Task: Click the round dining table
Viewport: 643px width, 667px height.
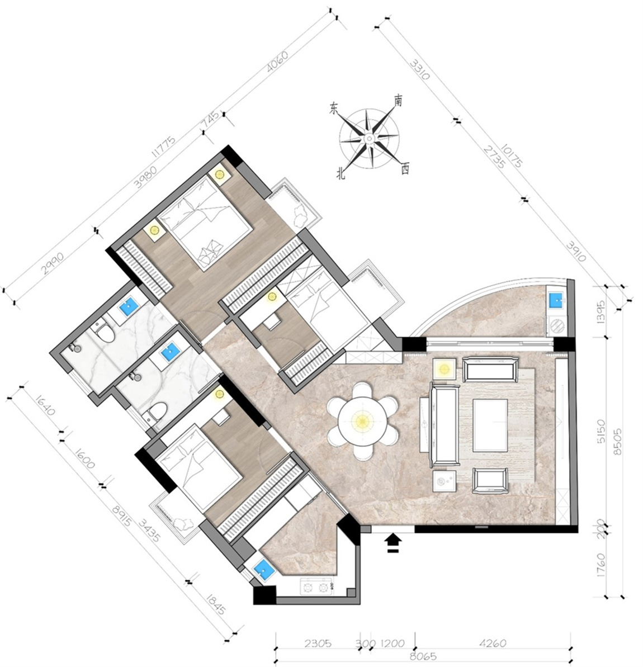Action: click(x=362, y=421)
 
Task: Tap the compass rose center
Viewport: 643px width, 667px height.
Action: click(x=369, y=138)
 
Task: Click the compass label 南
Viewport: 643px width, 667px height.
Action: click(x=398, y=101)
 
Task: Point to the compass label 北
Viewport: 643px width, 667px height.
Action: click(x=341, y=173)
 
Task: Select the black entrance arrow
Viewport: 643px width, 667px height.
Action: click(x=394, y=543)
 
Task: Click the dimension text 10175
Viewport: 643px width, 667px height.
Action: click(x=511, y=156)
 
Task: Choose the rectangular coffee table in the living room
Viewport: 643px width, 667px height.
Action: click(x=490, y=425)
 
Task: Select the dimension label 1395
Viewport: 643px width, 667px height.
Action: click(x=601, y=313)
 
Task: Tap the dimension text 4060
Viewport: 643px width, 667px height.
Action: click(x=277, y=62)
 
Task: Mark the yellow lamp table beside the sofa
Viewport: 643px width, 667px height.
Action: click(x=445, y=369)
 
